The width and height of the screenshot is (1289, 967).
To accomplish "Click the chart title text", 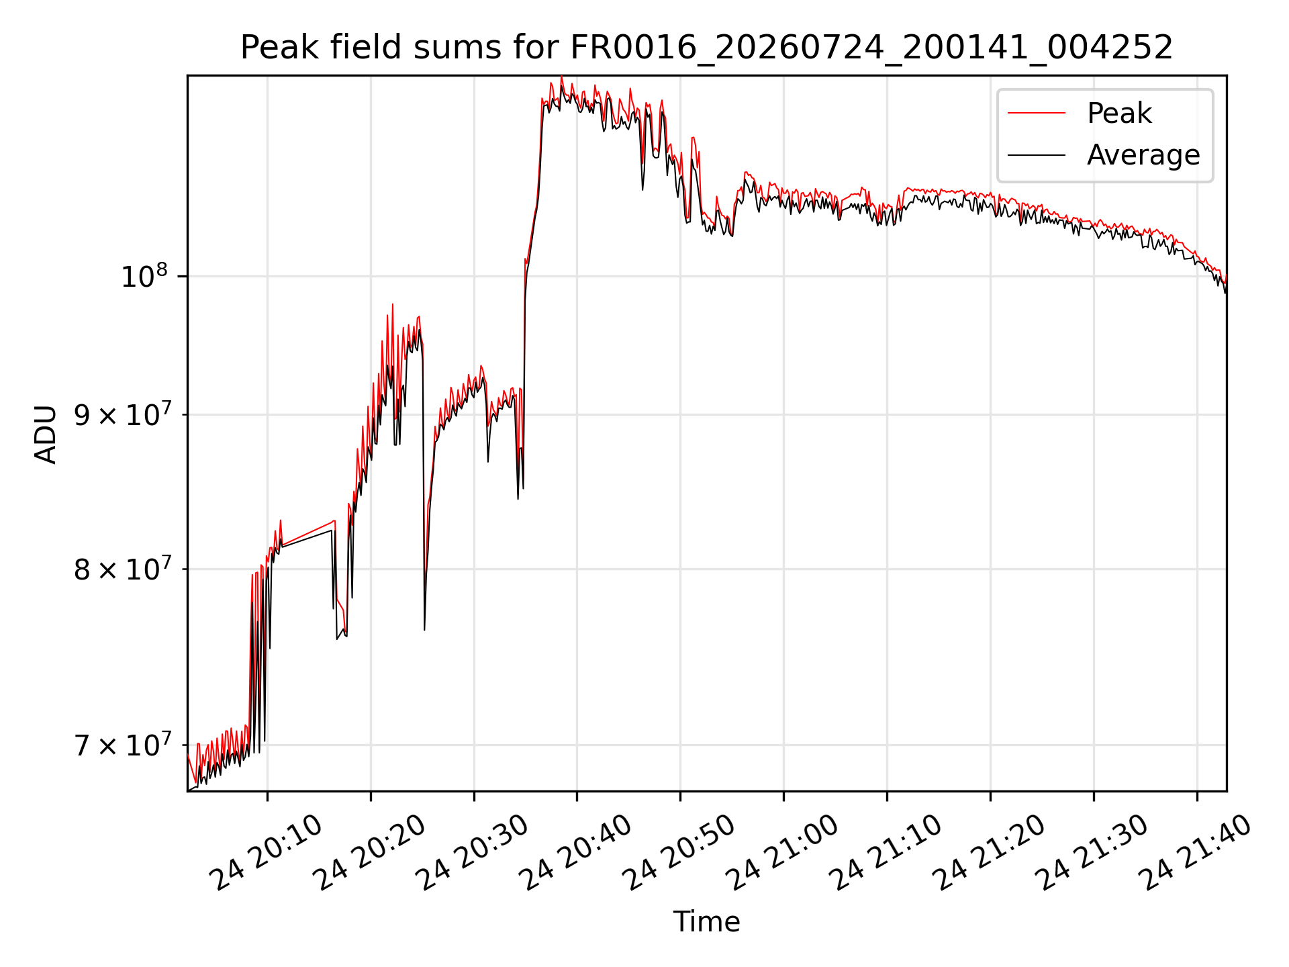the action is [706, 48].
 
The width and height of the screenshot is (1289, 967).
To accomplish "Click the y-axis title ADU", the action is [46, 434].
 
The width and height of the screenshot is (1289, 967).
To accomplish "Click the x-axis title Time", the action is [706, 922].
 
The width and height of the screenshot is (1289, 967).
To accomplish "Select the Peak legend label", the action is [1119, 113].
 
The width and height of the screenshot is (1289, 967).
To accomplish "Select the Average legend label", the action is [1143, 155].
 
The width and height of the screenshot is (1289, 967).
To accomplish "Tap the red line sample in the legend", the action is [1036, 113].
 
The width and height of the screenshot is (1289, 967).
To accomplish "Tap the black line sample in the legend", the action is [1036, 155].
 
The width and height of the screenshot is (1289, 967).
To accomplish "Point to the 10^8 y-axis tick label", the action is [144, 276].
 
